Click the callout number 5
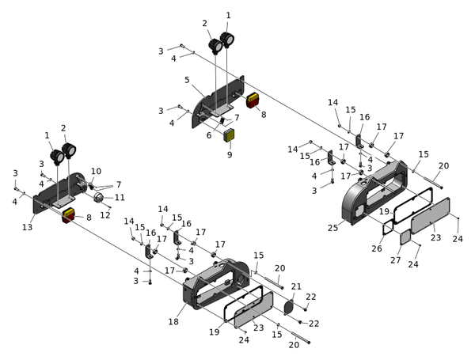pyautogui.click(x=187, y=80)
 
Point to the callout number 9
pyautogui.click(x=230, y=155)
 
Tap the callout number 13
pyautogui.click(x=28, y=228)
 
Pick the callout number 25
pyautogui.click(x=333, y=228)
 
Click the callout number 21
pyautogui.click(x=296, y=286)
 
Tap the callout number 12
pyautogui.click(x=105, y=215)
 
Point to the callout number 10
pyautogui.click(x=96, y=172)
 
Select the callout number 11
pyautogui.click(x=120, y=197)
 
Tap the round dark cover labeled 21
pyautogui.click(x=288, y=307)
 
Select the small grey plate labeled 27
pyautogui.click(x=404, y=237)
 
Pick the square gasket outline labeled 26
pyautogui.click(x=387, y=228)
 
